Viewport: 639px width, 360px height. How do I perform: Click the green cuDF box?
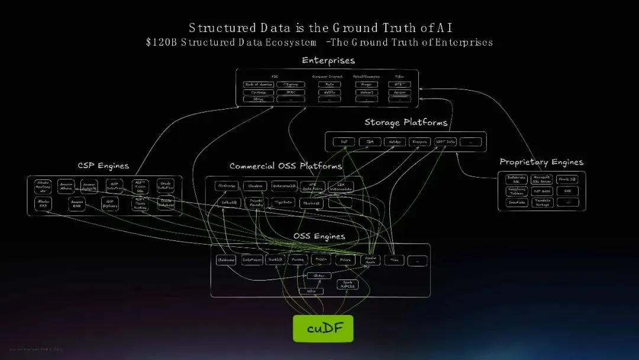322,329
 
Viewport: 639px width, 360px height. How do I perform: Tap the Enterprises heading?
328,60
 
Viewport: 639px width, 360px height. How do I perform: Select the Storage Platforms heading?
405,123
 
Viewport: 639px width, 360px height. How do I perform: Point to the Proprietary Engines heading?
541,162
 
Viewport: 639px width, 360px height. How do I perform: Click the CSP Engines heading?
103,166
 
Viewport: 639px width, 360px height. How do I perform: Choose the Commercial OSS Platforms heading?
286,166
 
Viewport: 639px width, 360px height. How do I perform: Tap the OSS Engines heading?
319,236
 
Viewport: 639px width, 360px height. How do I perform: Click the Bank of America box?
259,85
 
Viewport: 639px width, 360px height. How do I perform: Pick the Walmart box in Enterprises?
366,92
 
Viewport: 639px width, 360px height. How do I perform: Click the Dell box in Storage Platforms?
344,142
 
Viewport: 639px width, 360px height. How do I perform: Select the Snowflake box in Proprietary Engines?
517,202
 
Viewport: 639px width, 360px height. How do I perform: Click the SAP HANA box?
542,191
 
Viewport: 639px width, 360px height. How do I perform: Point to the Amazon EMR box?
76,204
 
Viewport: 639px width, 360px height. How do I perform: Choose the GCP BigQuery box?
109,204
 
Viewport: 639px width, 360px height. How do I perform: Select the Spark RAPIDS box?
347,284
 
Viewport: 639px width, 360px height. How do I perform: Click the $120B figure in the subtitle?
162,43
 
